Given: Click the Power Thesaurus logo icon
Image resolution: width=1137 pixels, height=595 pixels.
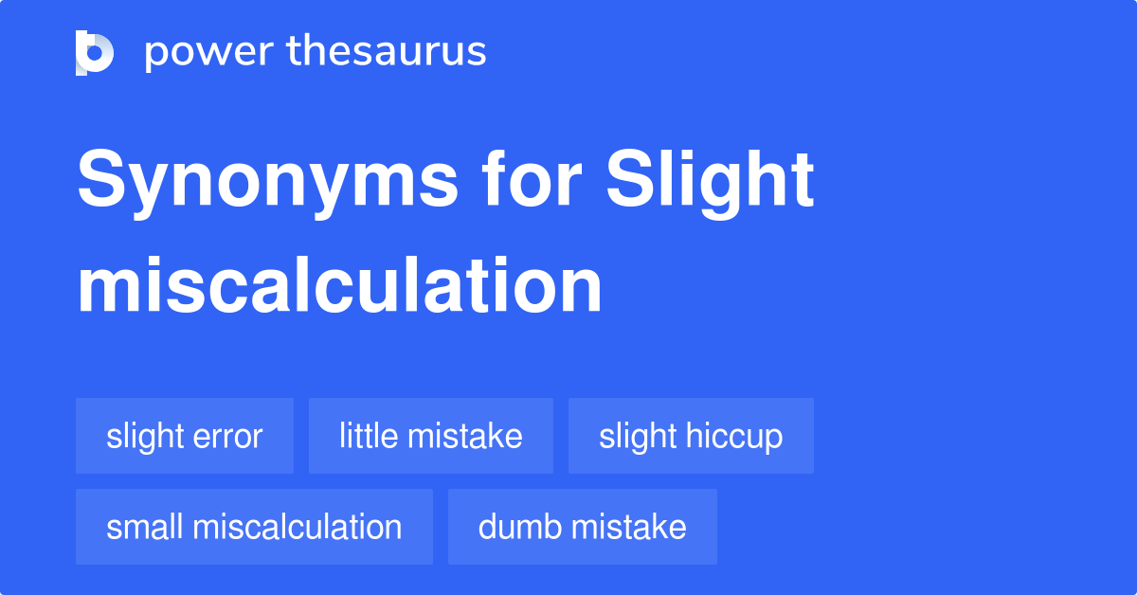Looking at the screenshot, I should (x=95, y=52).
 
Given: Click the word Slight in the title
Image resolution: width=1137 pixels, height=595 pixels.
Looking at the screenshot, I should (x=711, y=182).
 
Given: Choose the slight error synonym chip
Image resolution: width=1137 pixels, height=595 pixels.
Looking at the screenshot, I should (x=185, y=436).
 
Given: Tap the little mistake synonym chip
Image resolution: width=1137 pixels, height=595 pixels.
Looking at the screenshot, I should (x=431, y=436).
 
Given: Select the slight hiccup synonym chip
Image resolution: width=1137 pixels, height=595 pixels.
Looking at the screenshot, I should (x=691, y=436).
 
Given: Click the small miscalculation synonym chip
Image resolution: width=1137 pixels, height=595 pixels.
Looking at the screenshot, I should (x=254, y=527).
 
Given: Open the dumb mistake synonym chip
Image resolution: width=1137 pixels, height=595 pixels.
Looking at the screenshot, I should (x=583, y=527).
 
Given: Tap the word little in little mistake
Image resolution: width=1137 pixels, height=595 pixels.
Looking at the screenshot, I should (x=368, y=436).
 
